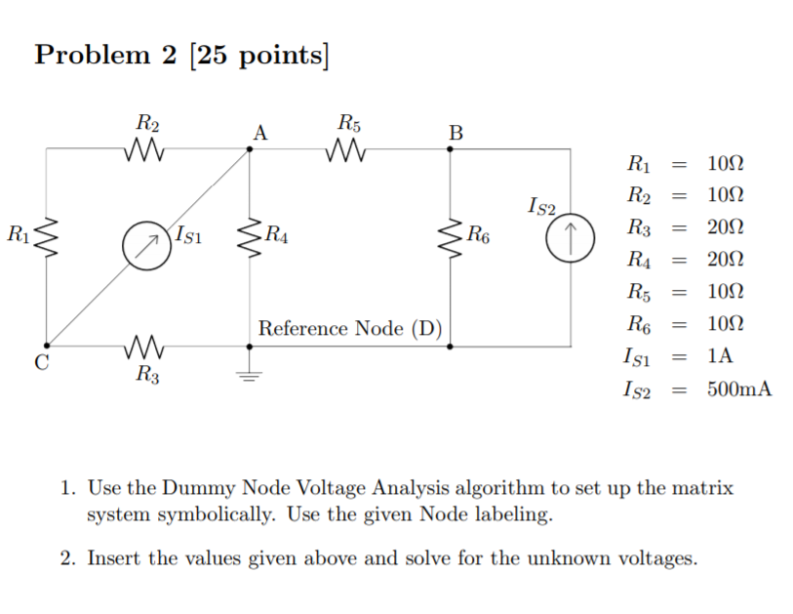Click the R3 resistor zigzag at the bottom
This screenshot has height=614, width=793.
click(x=147, y=346)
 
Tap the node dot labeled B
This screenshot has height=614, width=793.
click(x=451, y=149)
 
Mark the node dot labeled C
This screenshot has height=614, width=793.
click(x=46, y=346)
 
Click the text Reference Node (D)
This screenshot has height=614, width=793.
click(x=349, y=328)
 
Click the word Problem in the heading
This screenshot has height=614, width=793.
click(x=92, y=56)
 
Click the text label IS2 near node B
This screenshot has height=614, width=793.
click(x=540, y=206)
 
